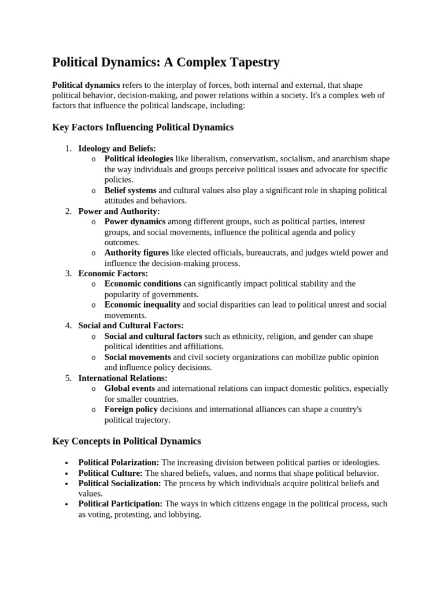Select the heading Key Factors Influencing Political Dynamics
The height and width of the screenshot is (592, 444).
coord(143,127)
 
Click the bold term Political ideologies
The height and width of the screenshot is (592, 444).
coord(139,159)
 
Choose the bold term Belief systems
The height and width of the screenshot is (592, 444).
coord(130,190)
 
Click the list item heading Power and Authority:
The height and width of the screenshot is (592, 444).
coord(119,211)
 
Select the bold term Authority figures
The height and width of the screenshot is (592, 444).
coord(136,253)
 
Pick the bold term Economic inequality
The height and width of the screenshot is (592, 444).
coord(142,305)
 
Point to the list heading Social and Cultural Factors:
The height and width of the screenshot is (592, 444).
coord(131,325)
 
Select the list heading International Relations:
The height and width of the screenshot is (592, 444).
coord(123,378)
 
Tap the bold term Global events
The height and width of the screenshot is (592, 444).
coord(129,388)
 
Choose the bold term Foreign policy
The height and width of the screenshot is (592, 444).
coord(131,409)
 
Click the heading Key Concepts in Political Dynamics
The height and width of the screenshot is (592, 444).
coord(127,441)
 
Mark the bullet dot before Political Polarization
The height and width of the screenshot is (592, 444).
coord(67,463)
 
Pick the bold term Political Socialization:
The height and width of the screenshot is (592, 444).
coord(120,483)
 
